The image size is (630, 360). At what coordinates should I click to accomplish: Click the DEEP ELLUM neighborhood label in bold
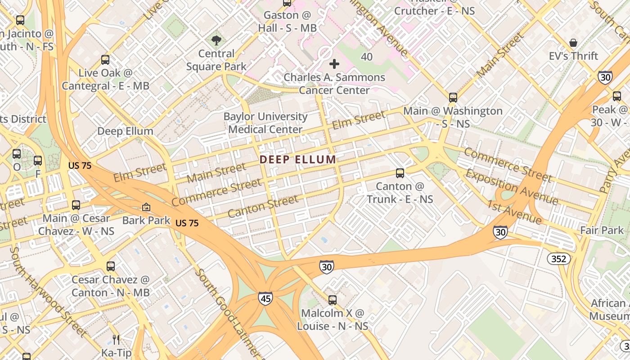(x=297, y=159)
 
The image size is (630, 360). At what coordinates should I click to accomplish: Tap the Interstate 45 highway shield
(x=265, y=298)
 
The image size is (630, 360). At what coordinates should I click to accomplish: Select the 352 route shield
(x=559, y=259)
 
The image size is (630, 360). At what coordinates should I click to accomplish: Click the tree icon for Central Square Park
(x=216, y=40)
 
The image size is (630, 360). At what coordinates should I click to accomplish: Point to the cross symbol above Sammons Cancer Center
(x=334, y=64)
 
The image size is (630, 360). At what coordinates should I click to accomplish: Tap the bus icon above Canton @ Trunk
(x=400, y=173)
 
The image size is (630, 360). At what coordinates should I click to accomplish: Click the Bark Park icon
(x=146, y=207)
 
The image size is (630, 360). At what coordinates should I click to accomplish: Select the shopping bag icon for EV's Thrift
(x=573, y=43)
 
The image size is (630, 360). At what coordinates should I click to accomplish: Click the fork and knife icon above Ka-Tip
(x=116, y=339)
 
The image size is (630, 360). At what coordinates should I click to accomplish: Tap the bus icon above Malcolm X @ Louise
(x=332, y=300)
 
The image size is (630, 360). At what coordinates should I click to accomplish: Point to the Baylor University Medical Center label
(x=265, y=123)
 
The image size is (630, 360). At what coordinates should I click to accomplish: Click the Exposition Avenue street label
(x=512, y=187)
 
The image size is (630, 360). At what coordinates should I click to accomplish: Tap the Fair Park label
(x=602, y=230)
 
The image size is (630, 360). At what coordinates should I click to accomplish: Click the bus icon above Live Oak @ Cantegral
(x=105, y=59)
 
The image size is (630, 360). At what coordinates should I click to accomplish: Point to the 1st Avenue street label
(x=514, y=211)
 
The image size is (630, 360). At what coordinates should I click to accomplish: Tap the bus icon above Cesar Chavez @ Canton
(x=111, y=266)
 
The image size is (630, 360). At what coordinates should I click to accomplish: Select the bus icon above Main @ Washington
(x=453, y=97)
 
